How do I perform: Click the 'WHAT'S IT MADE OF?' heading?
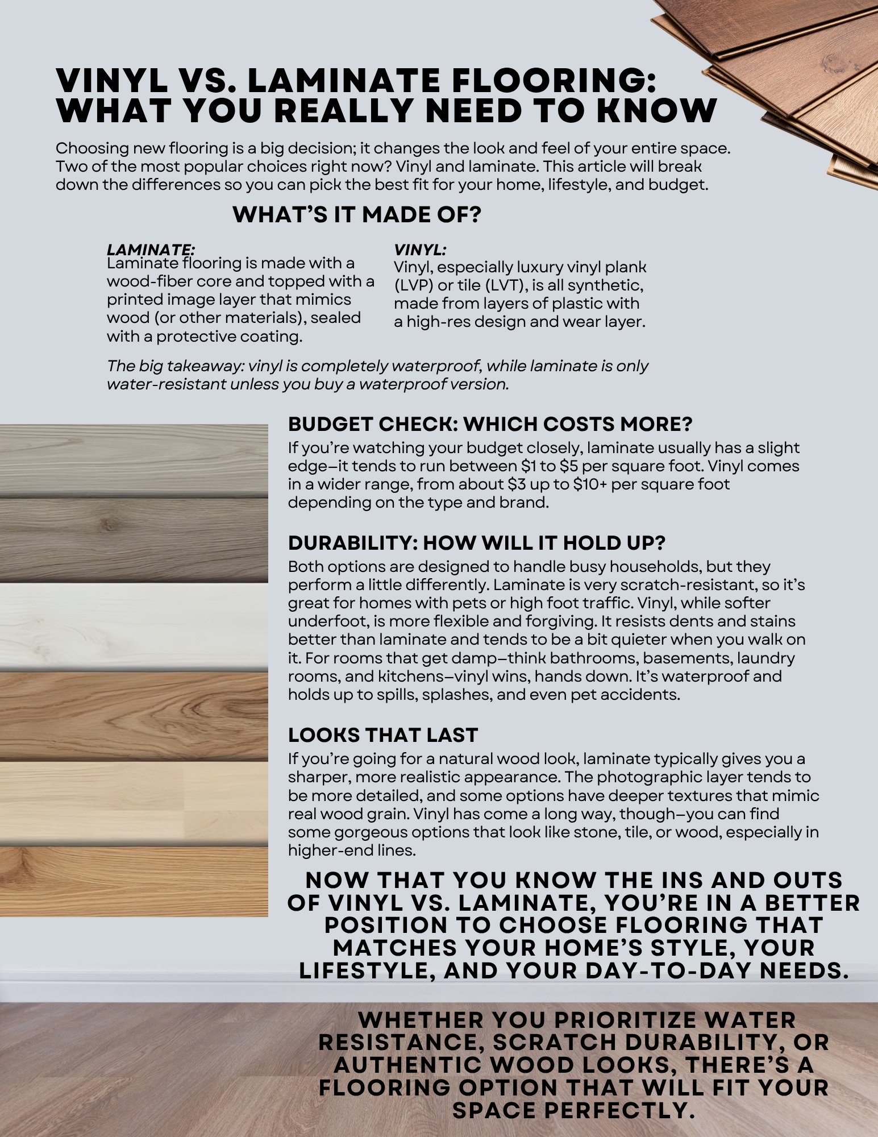click(357, 215)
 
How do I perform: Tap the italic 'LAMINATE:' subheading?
click(151, 249)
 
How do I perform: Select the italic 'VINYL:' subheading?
click(420, 250)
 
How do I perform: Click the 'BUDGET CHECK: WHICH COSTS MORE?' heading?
click(490, 424)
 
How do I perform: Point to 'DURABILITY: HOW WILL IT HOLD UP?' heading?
click(476, 543)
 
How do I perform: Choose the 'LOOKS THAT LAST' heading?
click(382, 735)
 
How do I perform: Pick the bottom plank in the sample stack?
click(134, 881)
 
